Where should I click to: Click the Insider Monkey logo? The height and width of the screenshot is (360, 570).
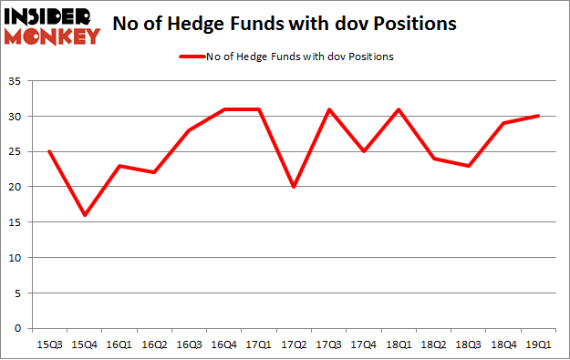51,26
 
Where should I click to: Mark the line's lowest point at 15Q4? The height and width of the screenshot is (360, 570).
84,215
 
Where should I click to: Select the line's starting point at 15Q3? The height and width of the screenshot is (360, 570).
48,151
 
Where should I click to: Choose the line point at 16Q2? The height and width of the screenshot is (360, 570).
154,172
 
